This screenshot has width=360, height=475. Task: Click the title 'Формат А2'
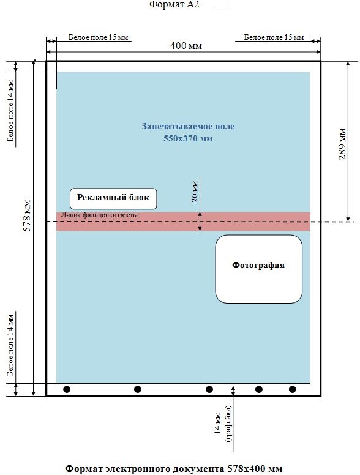click(174, 4)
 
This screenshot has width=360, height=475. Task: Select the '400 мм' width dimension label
click(186, 46)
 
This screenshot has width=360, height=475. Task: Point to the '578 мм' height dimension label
click(28, 215)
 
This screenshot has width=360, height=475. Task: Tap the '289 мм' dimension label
click(342, 144)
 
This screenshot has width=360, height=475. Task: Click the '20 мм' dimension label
click(195, 192)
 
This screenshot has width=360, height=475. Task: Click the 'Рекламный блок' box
click(113, 199)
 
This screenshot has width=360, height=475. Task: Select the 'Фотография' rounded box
click(258, 269)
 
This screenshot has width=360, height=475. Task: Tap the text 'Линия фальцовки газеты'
click(99, 215)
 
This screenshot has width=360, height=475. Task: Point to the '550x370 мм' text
click(188, 138)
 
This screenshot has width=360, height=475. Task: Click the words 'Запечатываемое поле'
click(188, 126)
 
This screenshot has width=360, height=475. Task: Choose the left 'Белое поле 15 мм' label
click(98, 37)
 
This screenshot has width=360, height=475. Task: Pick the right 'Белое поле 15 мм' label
click(274, 37)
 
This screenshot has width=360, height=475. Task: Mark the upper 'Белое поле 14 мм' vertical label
click(10, 111)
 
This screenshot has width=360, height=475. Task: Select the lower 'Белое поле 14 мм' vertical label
click(10, 345)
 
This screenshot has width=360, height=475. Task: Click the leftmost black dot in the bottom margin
click(67, 389)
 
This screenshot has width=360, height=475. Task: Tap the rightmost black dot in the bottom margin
click(292, 389)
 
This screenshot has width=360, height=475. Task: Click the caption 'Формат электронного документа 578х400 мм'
click(174, 469)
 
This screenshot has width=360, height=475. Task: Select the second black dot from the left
click(138, 389)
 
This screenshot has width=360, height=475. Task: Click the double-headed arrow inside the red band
click(200, 222)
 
